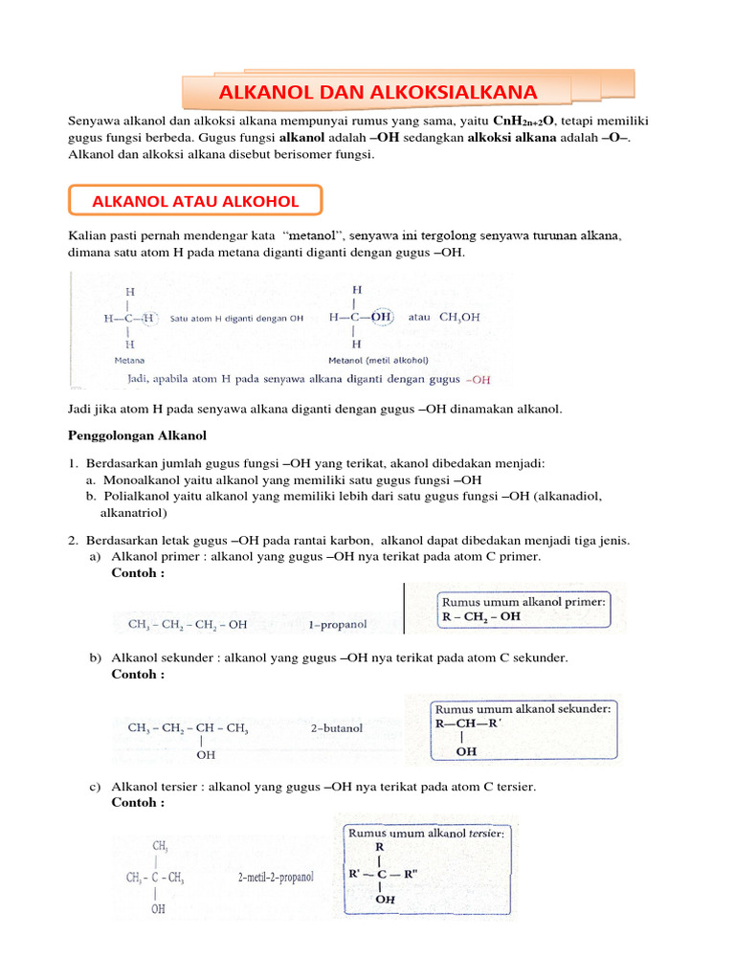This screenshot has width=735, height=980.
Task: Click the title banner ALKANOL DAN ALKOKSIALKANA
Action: [x=378, y=93]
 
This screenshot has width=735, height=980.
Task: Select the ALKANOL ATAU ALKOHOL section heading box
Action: [x=195, y=201]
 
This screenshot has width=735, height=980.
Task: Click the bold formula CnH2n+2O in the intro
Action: [x=525, y=121]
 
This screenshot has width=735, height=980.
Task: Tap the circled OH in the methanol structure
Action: [x=381, y=317]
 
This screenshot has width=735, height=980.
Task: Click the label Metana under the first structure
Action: [x=129, y=361]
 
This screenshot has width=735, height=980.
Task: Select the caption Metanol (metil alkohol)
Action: [x=378, y=361]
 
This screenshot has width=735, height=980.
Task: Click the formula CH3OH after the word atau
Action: [x=459, y=317]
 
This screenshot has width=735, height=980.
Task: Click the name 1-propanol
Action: [x=338, y=625]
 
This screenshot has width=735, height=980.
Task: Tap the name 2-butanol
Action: [x=337, y=727]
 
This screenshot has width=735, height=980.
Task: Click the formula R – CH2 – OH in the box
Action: [x=481, y=616]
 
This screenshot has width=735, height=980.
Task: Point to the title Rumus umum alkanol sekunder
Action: [x=523, y=709]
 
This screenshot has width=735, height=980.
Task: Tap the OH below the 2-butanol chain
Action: [x=206, y=755]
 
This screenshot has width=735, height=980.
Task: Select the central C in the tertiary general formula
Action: [x=381, y=873]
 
